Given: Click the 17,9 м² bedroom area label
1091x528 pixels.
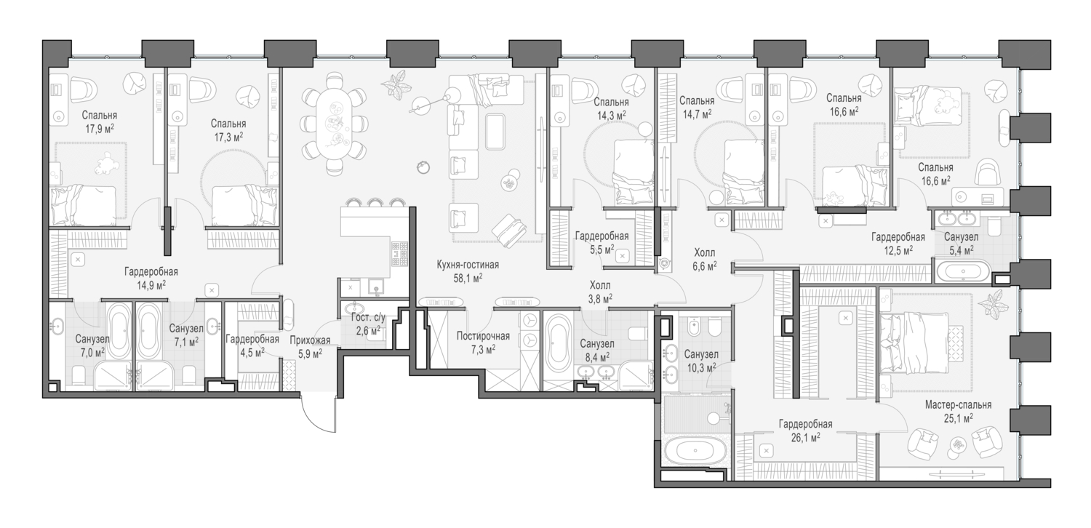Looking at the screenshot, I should click(x=100, y=128).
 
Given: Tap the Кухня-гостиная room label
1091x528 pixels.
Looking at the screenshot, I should click(x=468, y=265).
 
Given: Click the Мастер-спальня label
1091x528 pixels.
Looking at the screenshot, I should click(x=958, y=405).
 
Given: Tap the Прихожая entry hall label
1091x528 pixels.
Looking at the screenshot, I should click(x=310, y=339).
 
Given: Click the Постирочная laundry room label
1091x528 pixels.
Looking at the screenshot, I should click(x=483, y=336).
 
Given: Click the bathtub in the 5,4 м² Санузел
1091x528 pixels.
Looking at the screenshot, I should click(x=963, y=273).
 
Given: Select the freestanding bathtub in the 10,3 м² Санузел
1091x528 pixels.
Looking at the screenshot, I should click(x=697, y=451).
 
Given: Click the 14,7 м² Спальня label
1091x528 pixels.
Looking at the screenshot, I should click(x=696, y=101).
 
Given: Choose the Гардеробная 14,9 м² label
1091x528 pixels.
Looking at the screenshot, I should click(x=151, y=271).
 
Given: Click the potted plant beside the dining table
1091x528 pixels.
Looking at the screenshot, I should click(x=398, y=84).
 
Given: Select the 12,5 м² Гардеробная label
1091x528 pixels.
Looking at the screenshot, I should click(x=898, y=237).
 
